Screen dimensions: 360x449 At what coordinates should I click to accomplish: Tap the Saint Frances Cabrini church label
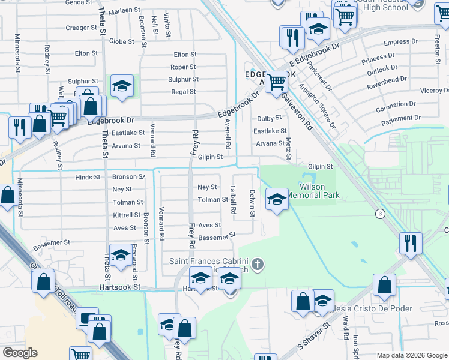(210, 261)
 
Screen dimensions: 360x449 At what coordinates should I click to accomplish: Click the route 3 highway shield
(379, 214)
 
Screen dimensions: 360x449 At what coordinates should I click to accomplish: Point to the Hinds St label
(88, 177)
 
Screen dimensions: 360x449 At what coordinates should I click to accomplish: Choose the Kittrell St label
(127, 215)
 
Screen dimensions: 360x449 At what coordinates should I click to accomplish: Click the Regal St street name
(184, 92)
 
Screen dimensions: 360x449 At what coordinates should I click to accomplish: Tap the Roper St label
(183, 67)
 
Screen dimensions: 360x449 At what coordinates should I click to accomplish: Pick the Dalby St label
(270, 119)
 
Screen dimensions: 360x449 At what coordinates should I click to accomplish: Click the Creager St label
(77, 28)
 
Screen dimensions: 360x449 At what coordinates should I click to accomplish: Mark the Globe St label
(121, 41)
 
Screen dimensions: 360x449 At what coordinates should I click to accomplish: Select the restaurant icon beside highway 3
(411, 243)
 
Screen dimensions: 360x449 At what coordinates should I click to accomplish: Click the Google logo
(19, 353)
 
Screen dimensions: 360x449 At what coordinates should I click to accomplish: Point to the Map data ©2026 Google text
(412, 355)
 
